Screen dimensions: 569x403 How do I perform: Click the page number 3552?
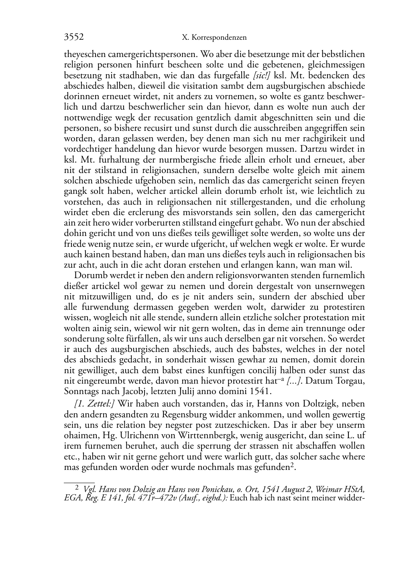point(74,38)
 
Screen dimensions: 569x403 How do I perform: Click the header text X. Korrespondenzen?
point(214,38)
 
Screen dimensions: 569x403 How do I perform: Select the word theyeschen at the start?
point(81,54)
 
